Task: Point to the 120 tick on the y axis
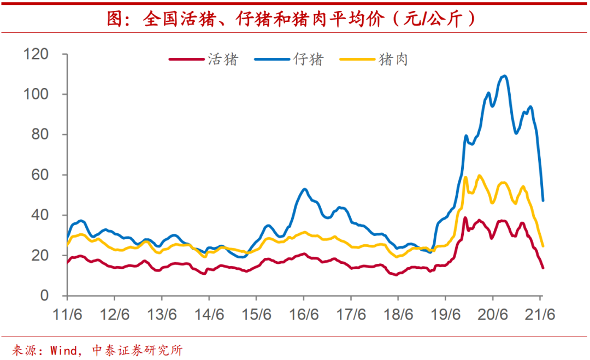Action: tap(36, 54)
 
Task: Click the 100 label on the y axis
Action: tap(36, 95)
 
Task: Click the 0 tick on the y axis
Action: tap(45, 296)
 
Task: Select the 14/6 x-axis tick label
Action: tap(209, 316)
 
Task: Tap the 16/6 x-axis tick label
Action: tap(304, 316)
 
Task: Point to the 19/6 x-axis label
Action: tap(445, 316)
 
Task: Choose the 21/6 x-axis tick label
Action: tap(540, 316)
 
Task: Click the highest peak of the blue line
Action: tap(504, 76)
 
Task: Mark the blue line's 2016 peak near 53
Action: tap(304, 189)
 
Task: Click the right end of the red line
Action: tap(543, 268)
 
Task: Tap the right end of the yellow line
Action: tap(543, 246)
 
